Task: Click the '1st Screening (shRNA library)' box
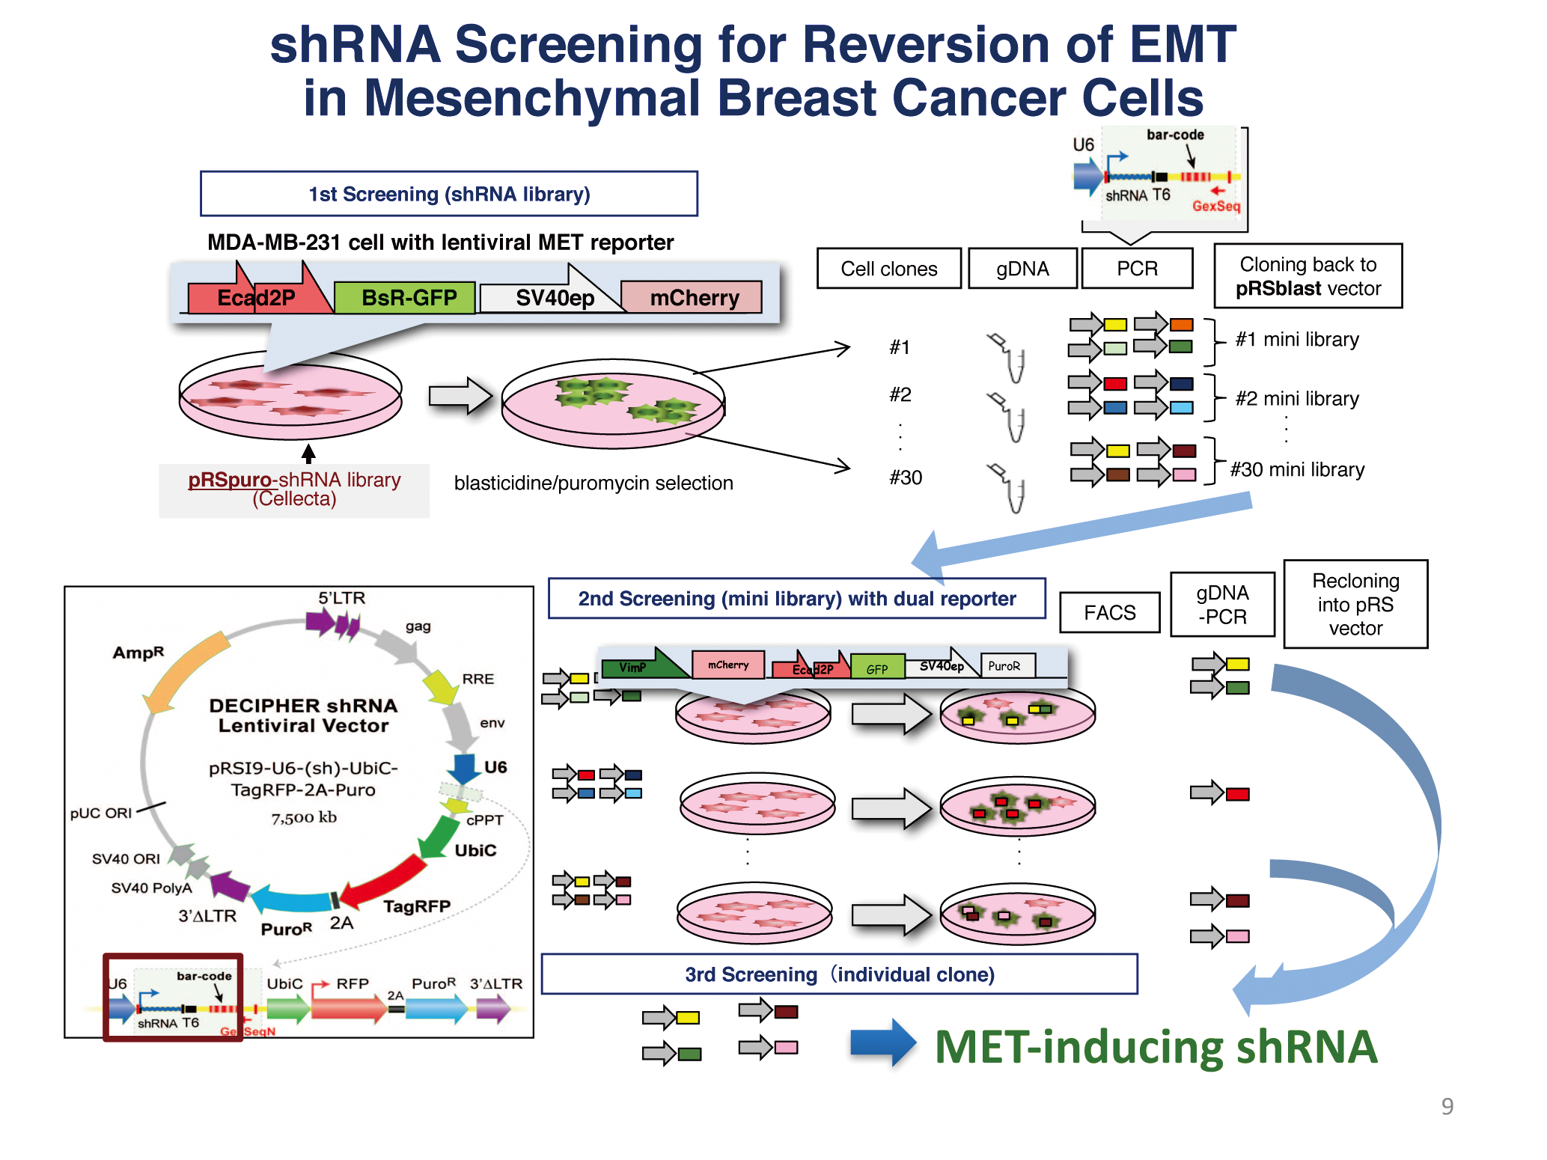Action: [x=449, y=194]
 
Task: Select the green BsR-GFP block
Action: [x=405, y=298]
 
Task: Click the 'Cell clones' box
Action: [x=888, y=269]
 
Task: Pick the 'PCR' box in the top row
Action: [x=1136, y=269]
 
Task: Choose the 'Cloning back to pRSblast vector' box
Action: [x=1308, y=276]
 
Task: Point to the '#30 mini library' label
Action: [x=1297, y=470]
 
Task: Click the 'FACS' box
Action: [x=1109, y=613]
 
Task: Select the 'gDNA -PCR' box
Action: [x=1221, y=605]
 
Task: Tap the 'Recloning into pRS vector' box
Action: [x=1355, y=605]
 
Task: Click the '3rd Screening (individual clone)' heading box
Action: [x=839, y=974]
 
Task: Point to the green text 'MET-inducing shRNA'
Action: [x=1156, y=1046]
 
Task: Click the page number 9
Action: [x=1447, y=1106]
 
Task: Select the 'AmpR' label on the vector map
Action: [x=138, y=653]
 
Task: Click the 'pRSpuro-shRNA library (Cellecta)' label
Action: [x=294, y=489]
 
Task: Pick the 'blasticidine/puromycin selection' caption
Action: [x=594, y=483]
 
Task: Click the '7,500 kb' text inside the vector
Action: [x=304, y=818]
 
